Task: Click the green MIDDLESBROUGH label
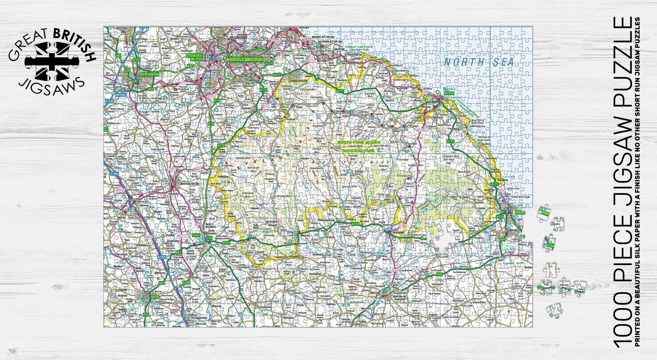246,59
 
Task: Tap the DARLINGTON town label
149,74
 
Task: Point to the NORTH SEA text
479,62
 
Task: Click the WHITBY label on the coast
449,93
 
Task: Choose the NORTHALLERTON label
190,184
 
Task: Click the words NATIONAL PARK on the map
358,150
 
